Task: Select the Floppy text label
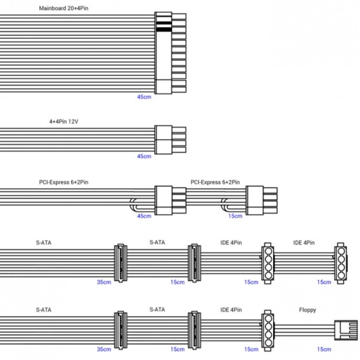(x=308, y=310)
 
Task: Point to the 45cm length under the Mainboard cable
(x=144, y=97)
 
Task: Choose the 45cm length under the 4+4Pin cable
(x=144, y=156)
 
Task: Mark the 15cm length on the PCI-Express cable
(x=235, y=216)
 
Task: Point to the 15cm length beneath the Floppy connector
(x=324, y=349)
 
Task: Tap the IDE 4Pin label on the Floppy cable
(x=231, y=310)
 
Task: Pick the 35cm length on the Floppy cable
(x=104, y=349)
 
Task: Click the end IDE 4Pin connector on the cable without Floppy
(x=340, y=262)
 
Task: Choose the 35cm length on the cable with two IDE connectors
(x=104, y=282)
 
